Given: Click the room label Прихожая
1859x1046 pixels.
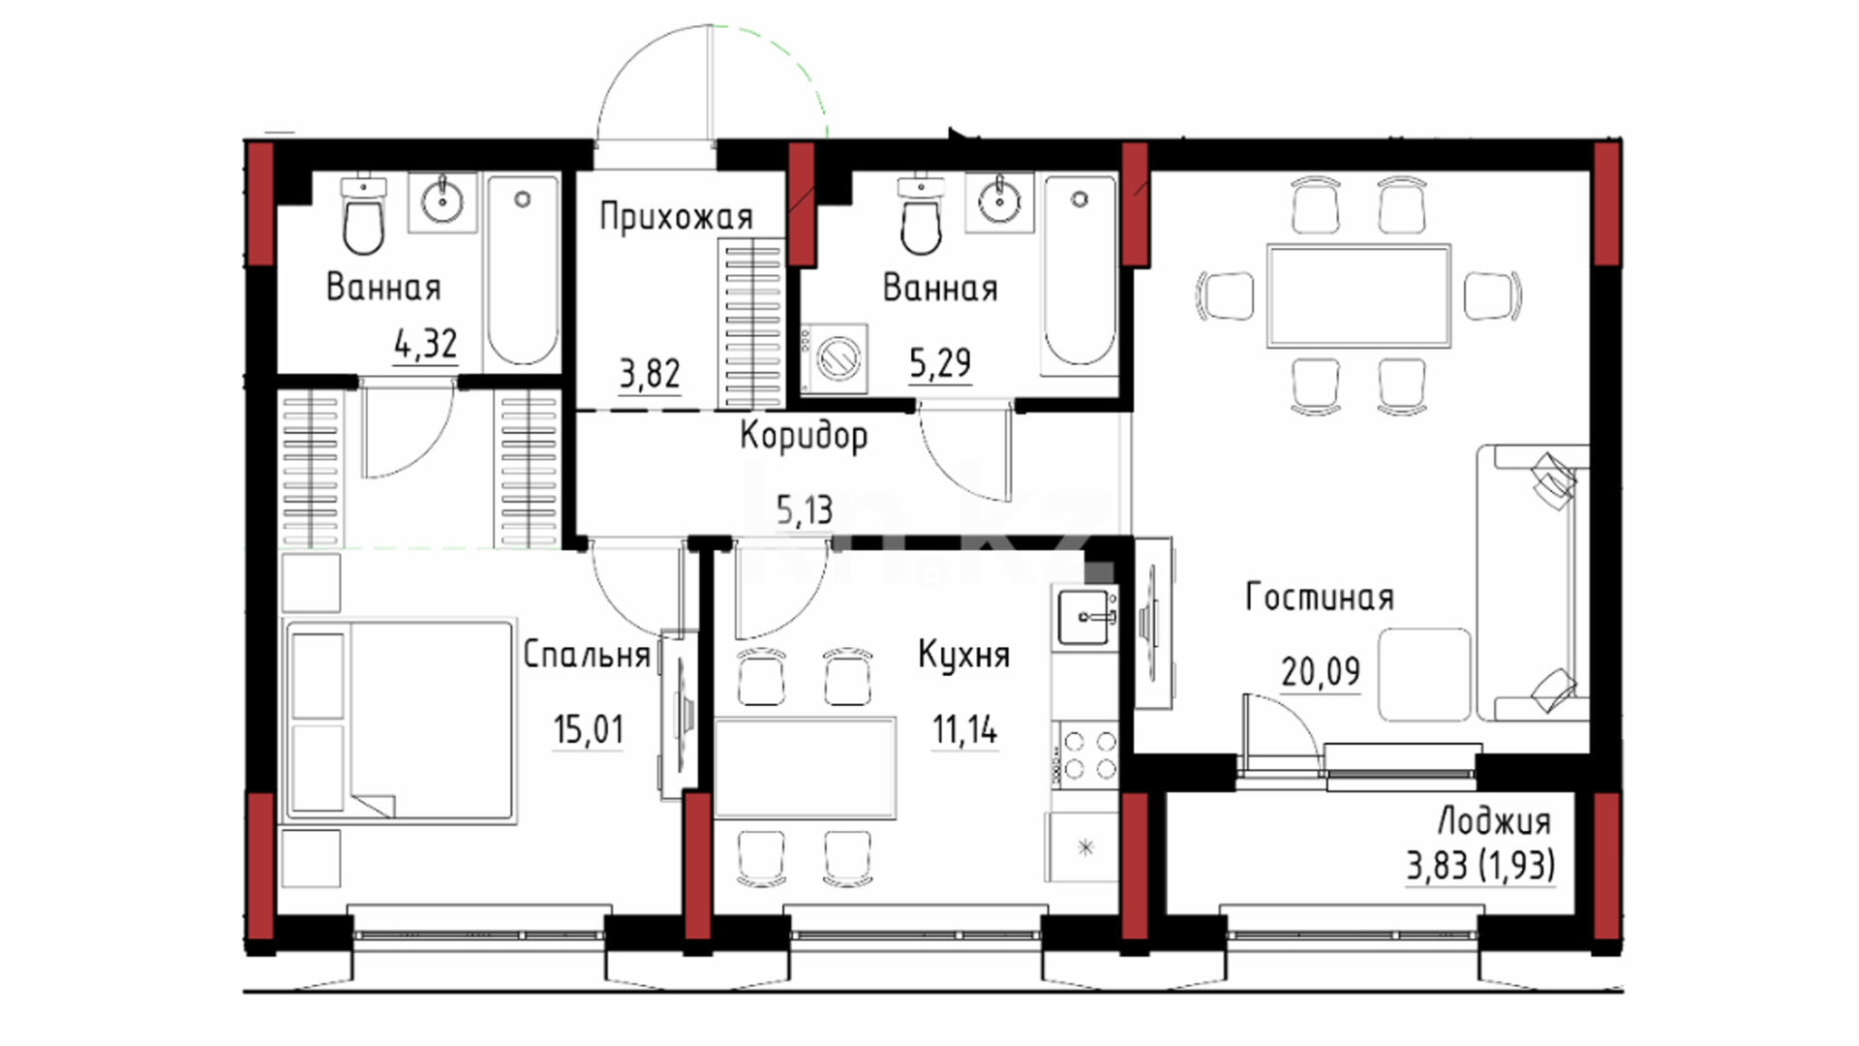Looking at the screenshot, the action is [676, 217].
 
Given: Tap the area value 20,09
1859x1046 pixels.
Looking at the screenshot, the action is [1321, 670].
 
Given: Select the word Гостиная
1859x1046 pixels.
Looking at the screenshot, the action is [1320, 598].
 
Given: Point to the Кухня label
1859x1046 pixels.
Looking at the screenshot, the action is [963, 655].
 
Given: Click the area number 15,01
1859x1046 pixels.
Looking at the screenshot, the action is [589, 728].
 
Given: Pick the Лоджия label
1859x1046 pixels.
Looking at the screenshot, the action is [1494, 822].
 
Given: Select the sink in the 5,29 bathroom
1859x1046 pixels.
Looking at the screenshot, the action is [998, 201].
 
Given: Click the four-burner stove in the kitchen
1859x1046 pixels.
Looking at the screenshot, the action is [1088, 755].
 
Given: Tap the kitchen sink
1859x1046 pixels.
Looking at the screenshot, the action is [1087, 615].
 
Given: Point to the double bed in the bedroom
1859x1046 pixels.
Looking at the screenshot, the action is [399, 723].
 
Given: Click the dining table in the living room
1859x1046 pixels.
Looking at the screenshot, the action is [1358, 295].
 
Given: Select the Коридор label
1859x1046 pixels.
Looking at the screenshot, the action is [804, 436].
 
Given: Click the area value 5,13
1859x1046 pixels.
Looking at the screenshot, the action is [805, 509].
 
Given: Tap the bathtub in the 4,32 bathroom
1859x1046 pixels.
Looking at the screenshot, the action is [523, 269].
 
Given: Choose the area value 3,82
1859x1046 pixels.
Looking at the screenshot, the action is [650, 373].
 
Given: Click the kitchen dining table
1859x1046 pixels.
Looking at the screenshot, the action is [804, 768].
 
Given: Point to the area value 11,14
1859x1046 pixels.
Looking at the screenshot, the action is [964, 729].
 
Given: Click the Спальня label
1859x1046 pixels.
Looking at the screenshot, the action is [587, 655].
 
